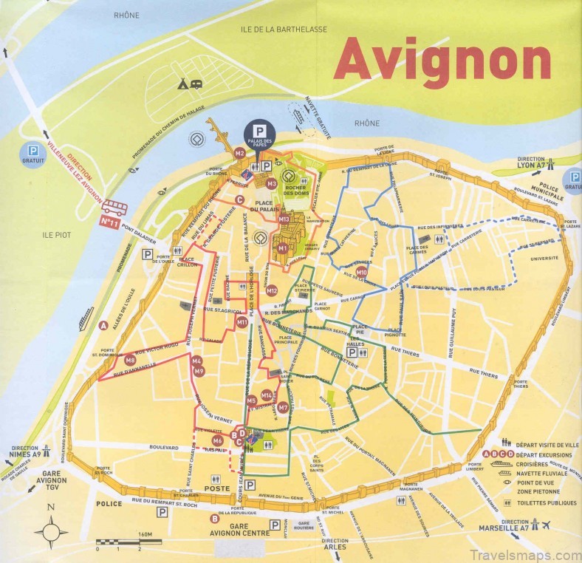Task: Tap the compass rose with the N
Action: [x=50, y=529]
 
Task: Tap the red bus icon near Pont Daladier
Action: [x=115, y=206]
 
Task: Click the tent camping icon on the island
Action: [x=182, y=85]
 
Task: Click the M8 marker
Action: [x=130, y=361]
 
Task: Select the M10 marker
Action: [x=362, y=273]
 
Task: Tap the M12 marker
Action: [x=272, y=290]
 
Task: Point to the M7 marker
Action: [x=283, y=407]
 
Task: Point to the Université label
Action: [x=544, y=259]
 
